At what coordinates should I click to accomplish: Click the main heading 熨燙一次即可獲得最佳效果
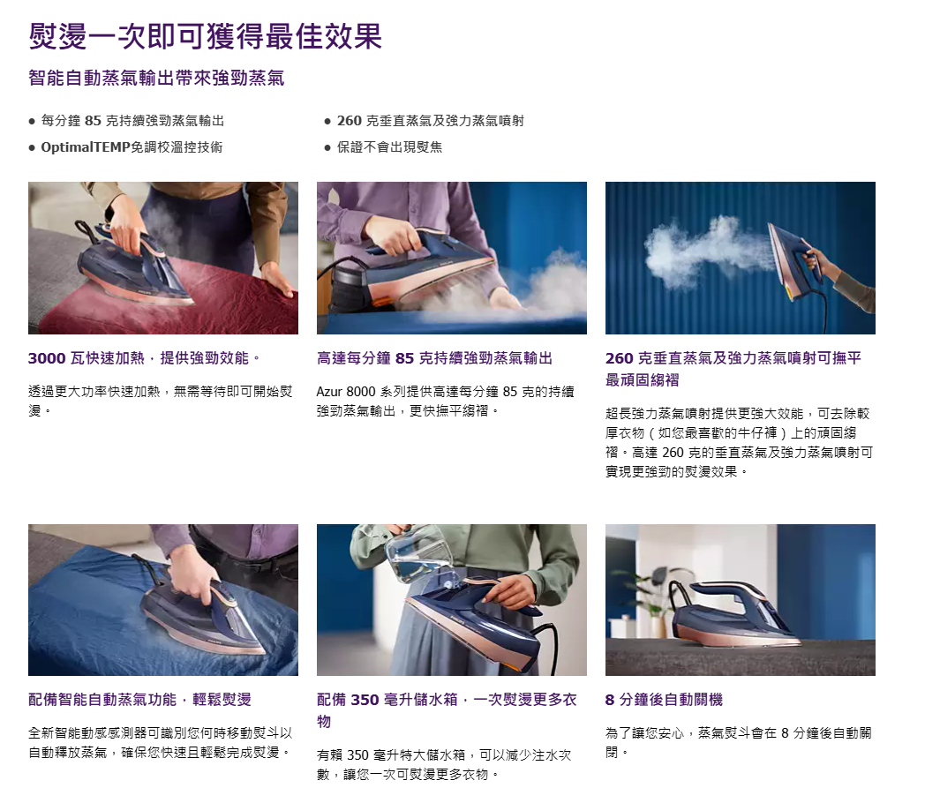206,36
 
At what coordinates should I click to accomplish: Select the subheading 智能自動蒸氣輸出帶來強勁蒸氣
156,78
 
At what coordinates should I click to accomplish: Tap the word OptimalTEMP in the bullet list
85,146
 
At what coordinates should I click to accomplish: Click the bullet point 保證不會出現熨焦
389,146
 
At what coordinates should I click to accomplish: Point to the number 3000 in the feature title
47,358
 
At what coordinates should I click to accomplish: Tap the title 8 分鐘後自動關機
664,700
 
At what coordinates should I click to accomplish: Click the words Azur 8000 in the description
346,392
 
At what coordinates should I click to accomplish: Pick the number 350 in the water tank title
365,700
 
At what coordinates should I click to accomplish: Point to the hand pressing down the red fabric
278,278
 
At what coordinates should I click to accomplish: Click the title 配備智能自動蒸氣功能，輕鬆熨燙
139,700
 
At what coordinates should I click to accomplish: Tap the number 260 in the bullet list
349,121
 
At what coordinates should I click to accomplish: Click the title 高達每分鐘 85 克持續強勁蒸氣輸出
434,358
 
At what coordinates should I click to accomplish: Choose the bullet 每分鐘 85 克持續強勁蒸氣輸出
132,121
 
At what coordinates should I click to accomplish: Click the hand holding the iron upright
819,260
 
